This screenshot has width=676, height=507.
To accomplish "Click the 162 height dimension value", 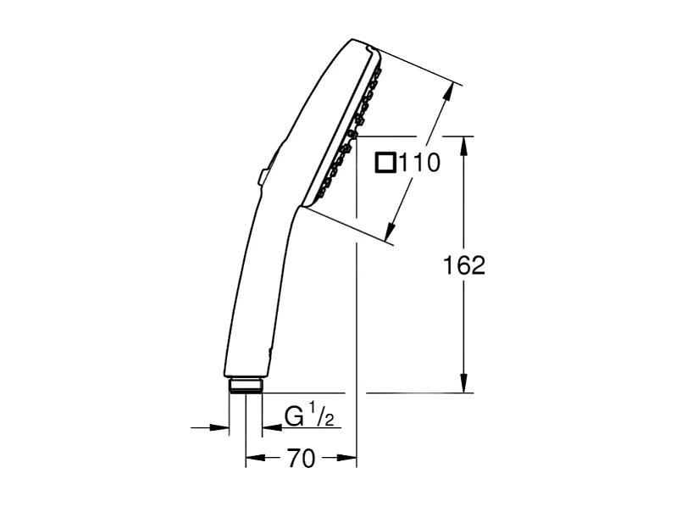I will (464, 265).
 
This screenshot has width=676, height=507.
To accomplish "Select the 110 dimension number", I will (420, 163).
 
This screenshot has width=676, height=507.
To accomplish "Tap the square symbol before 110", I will (386, 162).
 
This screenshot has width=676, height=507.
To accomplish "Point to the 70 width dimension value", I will (301, 459).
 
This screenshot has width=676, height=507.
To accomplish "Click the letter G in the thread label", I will (293, 417).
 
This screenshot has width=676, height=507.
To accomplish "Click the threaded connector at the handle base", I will (246, 386).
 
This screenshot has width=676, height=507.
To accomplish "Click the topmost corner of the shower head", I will (354, 39).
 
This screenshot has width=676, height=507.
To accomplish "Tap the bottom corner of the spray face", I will (306, 209).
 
